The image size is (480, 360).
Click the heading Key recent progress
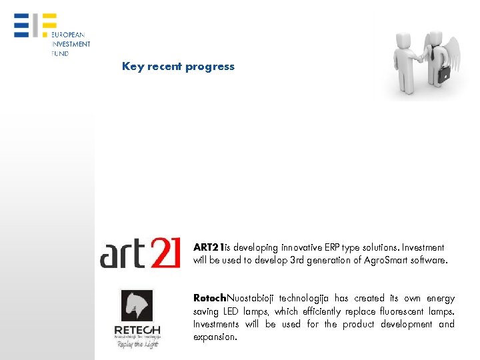coord(178,67)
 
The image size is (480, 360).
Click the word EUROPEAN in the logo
coord(68,35)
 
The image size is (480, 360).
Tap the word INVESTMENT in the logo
coord(71,44)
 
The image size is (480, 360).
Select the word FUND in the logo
coord(60,53)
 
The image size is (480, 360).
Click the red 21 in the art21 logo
coord(163,252)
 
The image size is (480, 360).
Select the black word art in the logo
coord(122,253)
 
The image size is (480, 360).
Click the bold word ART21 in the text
coord(209,247)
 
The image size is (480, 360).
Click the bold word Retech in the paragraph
coord(209,299)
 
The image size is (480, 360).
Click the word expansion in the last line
coord(215,337)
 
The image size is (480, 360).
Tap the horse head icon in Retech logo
coord(137,306)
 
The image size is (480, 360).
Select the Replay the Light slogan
coord(137,344)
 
